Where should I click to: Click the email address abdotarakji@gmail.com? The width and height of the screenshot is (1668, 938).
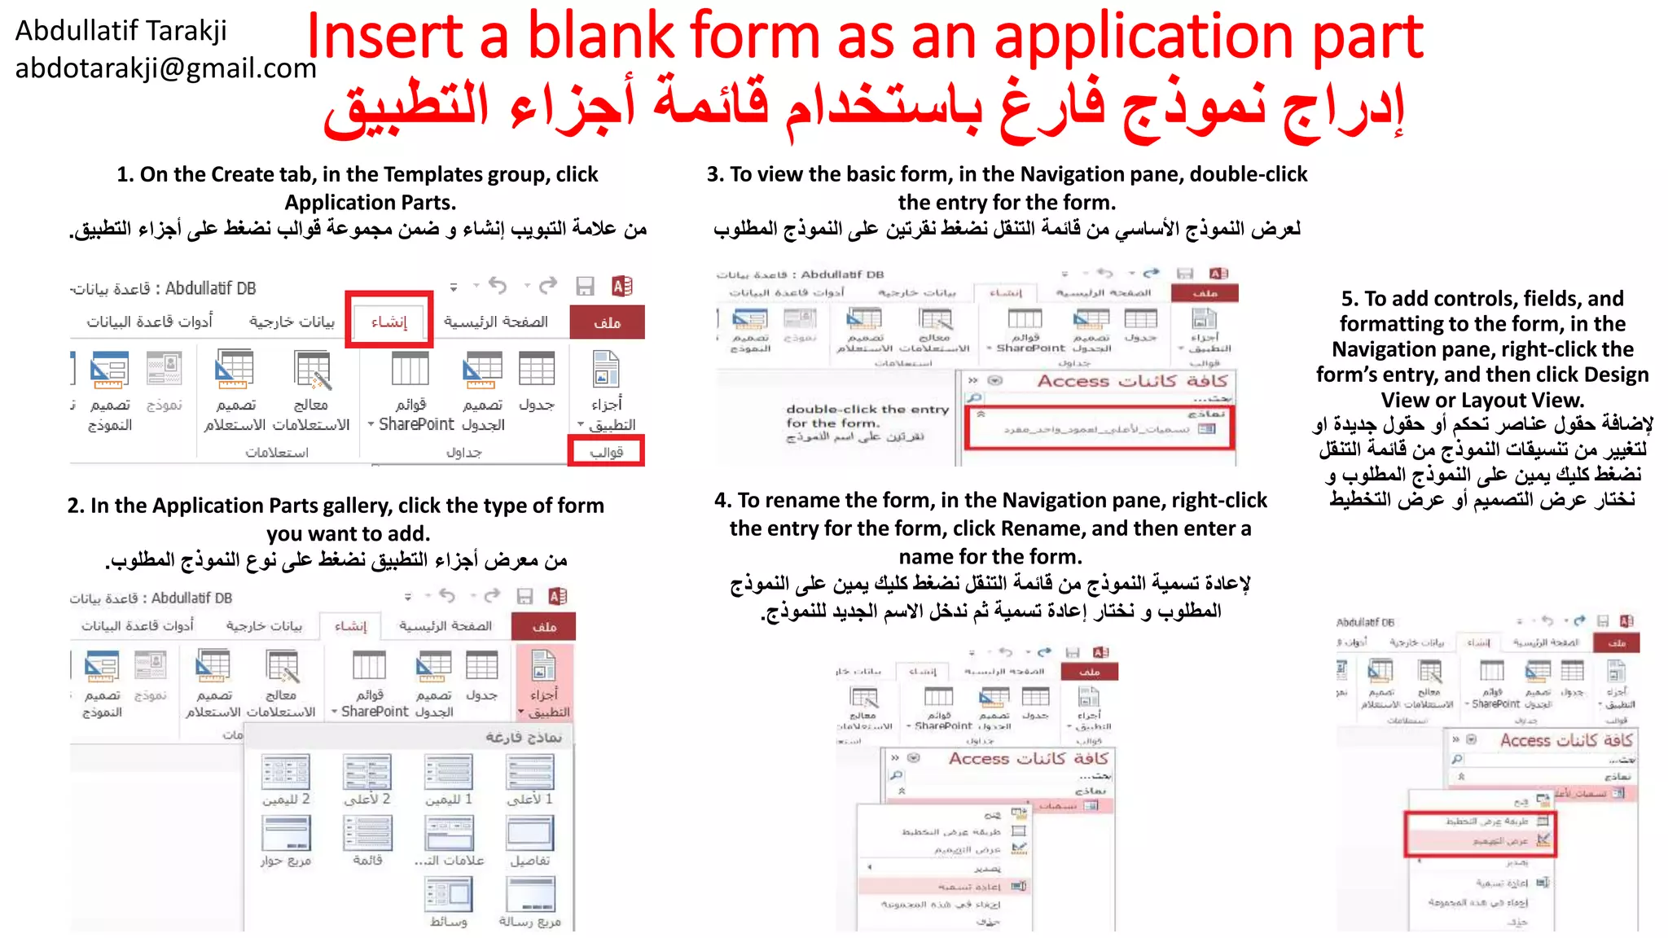point(165,68)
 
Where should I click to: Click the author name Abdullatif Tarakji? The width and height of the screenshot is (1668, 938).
point(121,31)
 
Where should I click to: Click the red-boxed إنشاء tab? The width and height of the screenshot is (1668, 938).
point(388,321)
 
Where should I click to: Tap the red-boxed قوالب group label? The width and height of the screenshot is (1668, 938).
point(606,451)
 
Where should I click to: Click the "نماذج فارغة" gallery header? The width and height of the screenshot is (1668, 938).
point(523,737)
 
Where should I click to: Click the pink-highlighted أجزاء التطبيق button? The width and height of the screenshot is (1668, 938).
point(544,682)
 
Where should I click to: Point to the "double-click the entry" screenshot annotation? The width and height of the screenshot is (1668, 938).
point(867,410)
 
